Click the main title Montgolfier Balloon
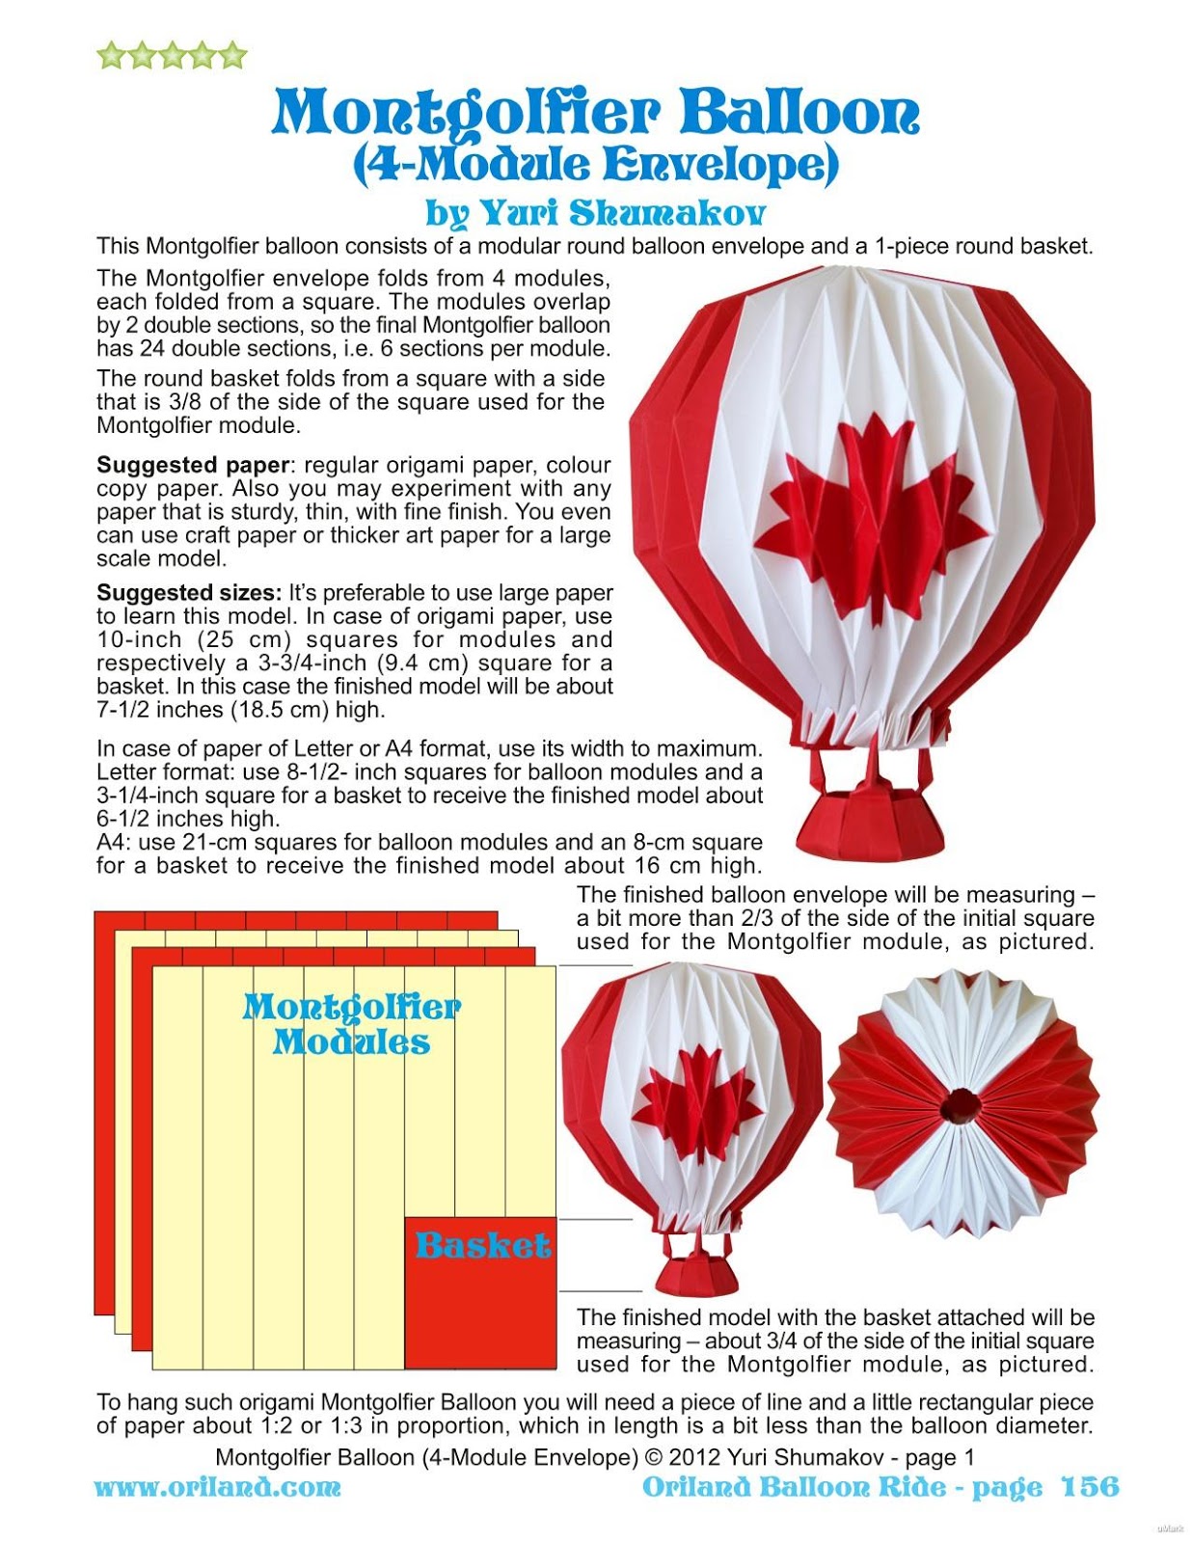pos(595,112)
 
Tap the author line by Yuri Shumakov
pos(595,212)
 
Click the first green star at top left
pos(112,56)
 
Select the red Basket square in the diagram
pos(480,1292)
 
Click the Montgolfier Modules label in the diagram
pos(351,1024)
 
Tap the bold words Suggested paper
pos(193,465)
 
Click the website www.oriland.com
pos(217,1487)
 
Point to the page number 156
pos(1090,1487)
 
